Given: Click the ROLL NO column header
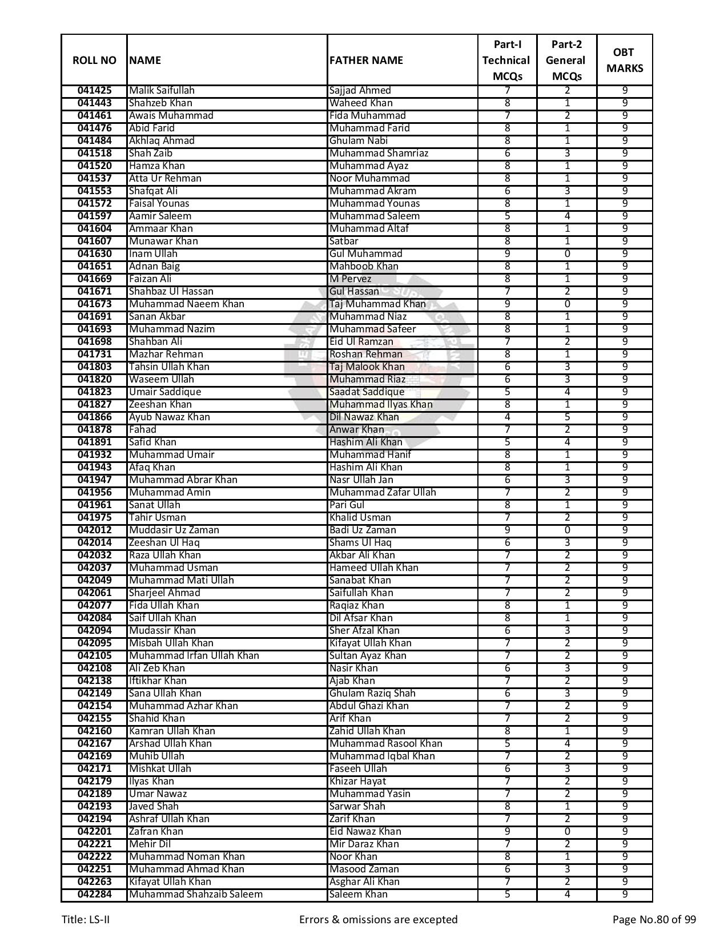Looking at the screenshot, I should point(94,61).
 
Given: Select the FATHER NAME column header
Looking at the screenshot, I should point(366,61).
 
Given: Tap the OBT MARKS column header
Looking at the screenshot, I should point(624,61).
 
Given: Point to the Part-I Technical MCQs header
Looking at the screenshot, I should point(506,61).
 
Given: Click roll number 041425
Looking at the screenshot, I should point(94,91).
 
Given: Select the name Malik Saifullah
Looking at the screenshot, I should point(162,91).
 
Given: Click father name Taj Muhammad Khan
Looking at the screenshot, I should point(377,304).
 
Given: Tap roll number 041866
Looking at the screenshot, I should point(94,417).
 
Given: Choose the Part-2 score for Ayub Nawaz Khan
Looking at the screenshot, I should point(566,417).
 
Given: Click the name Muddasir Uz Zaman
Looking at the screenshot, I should point(174,530).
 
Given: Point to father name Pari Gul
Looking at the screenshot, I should point(347,505).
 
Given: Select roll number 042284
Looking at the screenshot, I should point(94,895).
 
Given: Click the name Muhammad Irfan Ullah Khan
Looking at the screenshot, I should point(194,656).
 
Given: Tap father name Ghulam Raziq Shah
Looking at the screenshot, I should point(372,694).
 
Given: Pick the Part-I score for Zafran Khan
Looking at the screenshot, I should point(507,832).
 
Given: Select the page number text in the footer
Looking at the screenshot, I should point(654,920).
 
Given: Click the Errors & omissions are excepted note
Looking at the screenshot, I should point(378,920).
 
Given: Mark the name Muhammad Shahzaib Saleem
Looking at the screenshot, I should point(195,895).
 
